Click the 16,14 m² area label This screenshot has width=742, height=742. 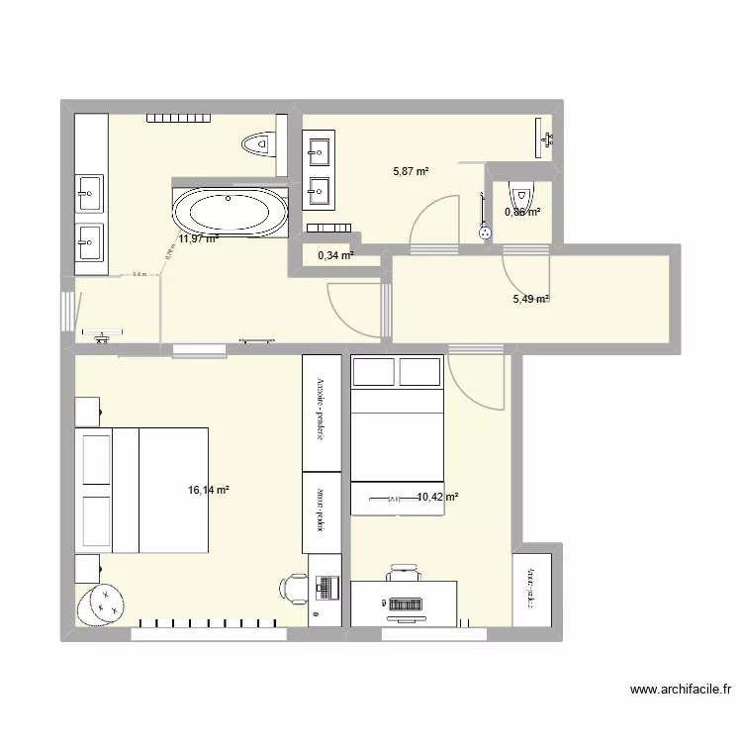click(x=208, y=489)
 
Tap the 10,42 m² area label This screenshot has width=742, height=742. click(x=437, y=498)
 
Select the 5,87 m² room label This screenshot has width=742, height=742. click(x=411, y=171)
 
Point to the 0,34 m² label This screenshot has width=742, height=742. click(x=334, y=255)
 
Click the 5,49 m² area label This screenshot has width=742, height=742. click(x=528, y=300)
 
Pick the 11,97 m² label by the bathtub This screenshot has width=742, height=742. click(x=199, y=237)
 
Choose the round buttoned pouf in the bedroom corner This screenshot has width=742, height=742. click(x=101, y=603)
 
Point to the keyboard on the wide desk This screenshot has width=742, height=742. click(x=404, y=603)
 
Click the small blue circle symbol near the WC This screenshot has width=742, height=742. click(x=485, y=233)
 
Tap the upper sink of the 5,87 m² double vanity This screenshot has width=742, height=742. click(x=320, y=151)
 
